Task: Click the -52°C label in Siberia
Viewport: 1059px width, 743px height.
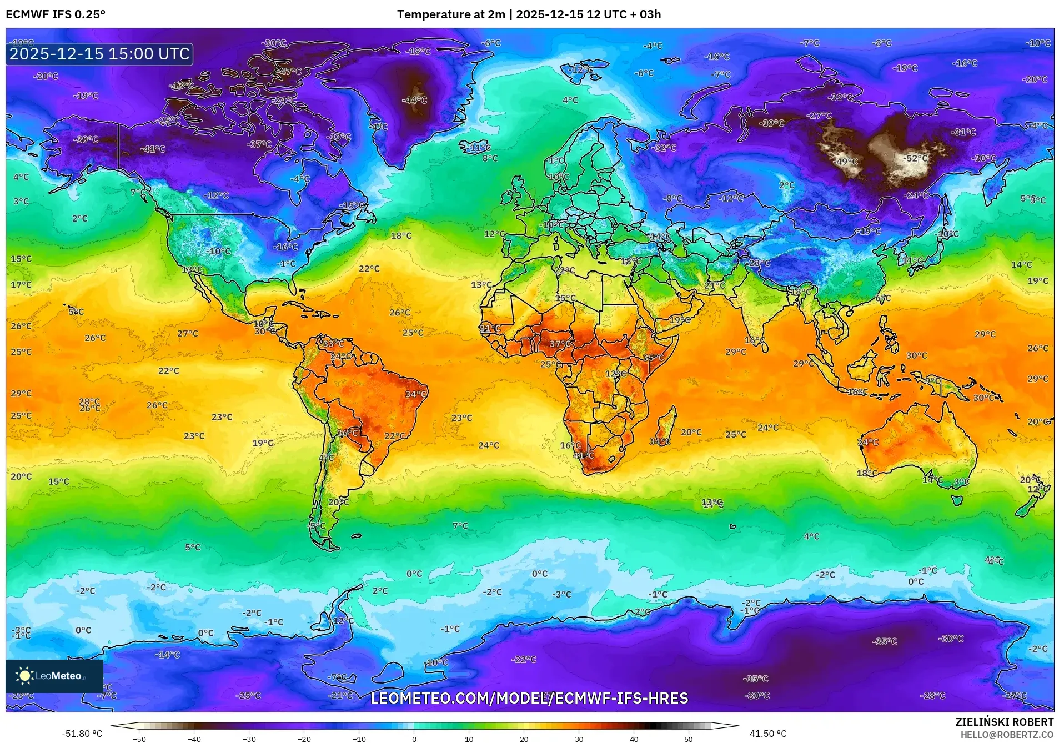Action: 916,158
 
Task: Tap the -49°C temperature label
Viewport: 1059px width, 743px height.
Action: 847,162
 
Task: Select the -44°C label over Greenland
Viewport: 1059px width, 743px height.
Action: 415,100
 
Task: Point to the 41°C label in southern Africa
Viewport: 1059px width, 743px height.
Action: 584,455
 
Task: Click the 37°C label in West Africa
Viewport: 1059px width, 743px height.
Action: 560,344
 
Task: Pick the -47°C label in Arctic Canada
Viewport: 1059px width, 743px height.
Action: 290,72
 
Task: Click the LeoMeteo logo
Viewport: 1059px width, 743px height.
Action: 54,676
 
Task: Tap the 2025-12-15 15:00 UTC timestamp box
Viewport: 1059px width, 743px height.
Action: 99,54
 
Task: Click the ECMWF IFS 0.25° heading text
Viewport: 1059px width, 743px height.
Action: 56,14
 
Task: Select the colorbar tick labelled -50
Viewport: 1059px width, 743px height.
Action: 139,739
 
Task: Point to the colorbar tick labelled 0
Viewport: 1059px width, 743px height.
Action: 414,739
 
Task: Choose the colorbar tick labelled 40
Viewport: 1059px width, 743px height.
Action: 634,739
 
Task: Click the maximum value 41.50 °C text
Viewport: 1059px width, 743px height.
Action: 767,734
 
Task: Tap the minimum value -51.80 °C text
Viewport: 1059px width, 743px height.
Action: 82,734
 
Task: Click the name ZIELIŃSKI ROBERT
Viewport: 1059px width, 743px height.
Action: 1004,722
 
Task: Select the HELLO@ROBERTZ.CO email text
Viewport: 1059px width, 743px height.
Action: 1007,735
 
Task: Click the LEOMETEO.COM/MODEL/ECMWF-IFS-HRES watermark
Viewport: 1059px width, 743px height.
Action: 529,698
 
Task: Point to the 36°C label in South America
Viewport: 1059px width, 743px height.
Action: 348,433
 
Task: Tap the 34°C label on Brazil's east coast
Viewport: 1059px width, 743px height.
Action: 416,394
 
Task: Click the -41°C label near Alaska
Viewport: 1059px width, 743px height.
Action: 153,149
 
